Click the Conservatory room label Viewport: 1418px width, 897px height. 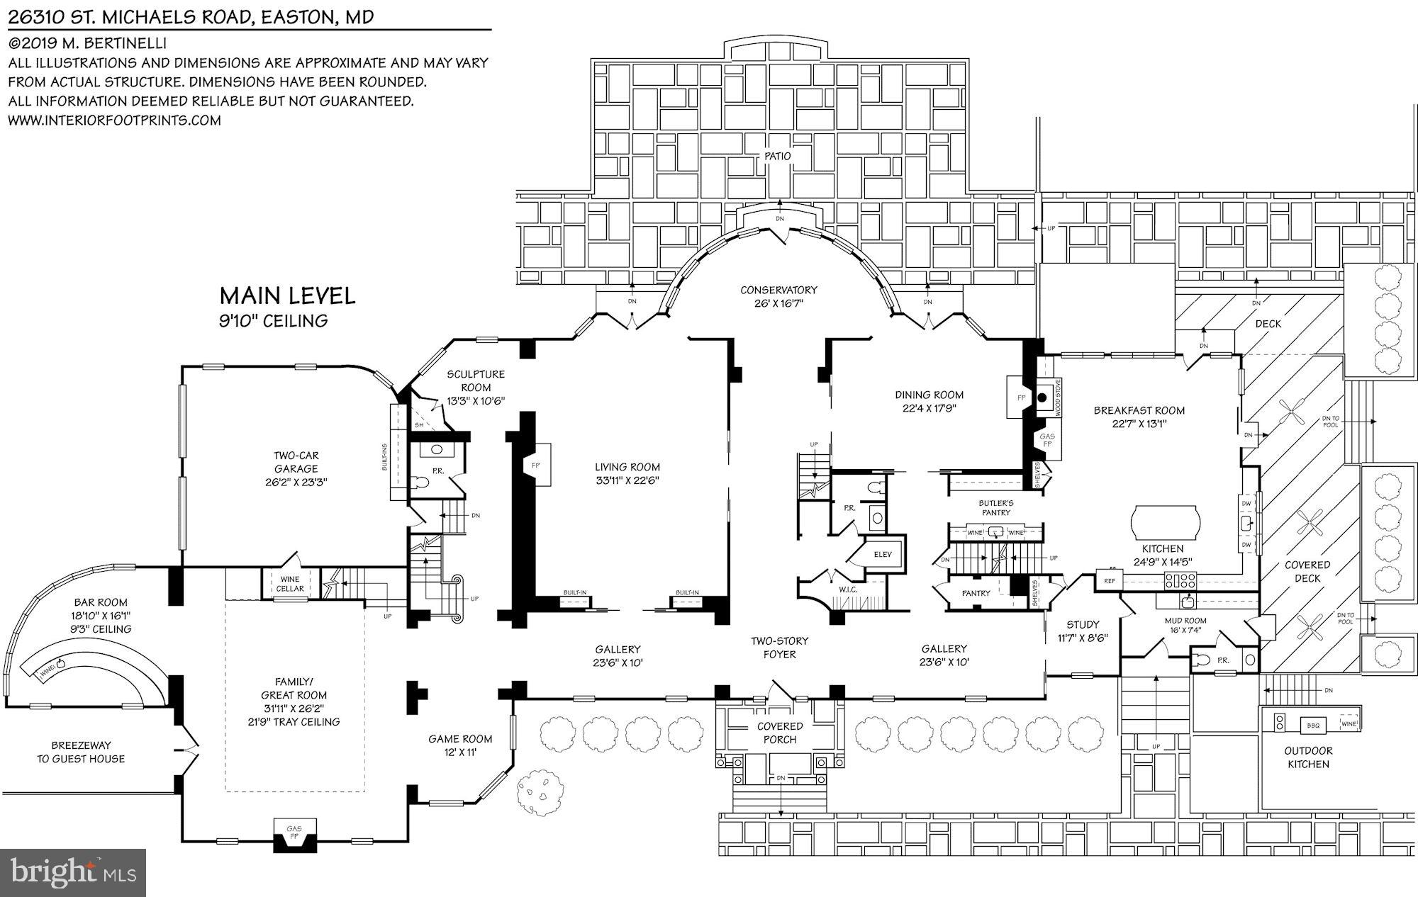pos(778,290)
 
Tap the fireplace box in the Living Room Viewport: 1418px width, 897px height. pos(537,466)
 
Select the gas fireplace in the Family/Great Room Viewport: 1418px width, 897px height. pos(294,833)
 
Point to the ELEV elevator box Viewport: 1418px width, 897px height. pos(883,554)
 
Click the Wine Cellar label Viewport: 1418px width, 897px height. pos(289,584)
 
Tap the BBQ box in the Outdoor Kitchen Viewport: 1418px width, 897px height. pos(1313,725)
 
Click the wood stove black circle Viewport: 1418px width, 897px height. pos(1042,397)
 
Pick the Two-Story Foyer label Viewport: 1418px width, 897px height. pos(779,647)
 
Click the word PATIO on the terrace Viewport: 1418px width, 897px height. pos(777,157)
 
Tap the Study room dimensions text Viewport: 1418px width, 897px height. pos(1082,638)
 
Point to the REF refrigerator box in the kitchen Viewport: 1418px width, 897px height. pos(1109,581)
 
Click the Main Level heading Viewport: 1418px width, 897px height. pos(287,295)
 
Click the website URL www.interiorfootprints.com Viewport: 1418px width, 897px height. pos(114,120)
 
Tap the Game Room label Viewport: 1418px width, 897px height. pos(460,738)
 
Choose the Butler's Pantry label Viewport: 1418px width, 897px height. pos(996,507)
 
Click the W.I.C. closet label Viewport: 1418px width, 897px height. pos(847,589)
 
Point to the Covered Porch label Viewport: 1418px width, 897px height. pos(780,733)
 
